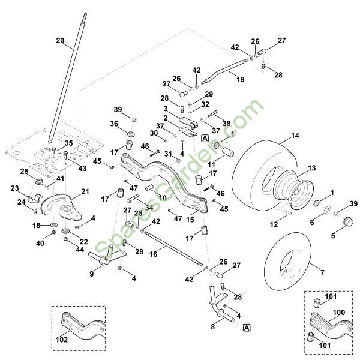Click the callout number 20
coord(59,41)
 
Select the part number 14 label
coord(295,136)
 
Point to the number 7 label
coord(322,273)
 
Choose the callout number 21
coord(85,191)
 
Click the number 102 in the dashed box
coord(61,339)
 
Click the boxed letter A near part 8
coord(247,328)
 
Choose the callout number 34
coord(149,208)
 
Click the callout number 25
coord(25,172)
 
